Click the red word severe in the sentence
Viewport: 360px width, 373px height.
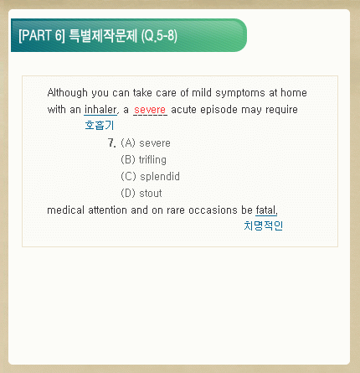(x=150, y=110)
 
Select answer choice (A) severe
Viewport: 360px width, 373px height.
(x=146, y=143)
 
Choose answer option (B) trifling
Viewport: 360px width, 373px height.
(x=143, y=160)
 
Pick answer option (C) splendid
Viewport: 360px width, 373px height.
(x=150, y=177)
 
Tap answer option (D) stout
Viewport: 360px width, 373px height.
(x=141, y=194)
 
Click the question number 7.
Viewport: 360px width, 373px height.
(x=112, y=143)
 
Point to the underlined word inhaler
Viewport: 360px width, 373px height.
(x=100, y=110)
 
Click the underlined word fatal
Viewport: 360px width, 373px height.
(x=266, y=210)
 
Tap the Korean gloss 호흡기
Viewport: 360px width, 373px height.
(x=100, y=125)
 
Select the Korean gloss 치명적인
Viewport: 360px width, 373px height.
(x=264, y=225)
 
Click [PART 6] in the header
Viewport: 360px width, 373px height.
(x=42, y=35)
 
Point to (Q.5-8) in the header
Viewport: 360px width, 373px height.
(x=159, y=36)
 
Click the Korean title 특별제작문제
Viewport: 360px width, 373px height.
(x=103, y=35)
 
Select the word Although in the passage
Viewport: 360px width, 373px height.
(x=68, y=93)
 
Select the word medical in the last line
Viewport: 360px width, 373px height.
(x=65, y=210)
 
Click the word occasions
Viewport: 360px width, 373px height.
(x=213, y=210)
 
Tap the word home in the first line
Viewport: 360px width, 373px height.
(x=294, y=93)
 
